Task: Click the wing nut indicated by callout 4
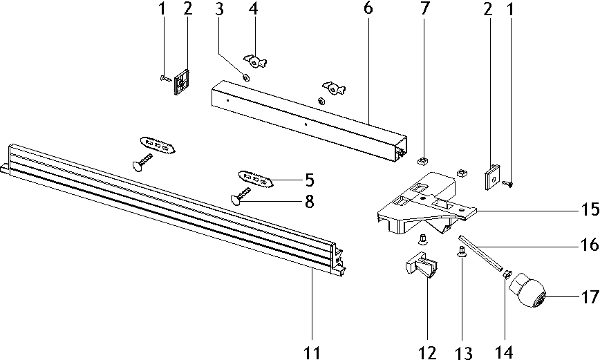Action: click(x=255, y=62)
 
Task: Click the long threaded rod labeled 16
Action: click(x=484, y=255)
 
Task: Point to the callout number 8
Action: click(x=308, y=202)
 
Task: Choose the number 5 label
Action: click(x=309, y=181)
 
